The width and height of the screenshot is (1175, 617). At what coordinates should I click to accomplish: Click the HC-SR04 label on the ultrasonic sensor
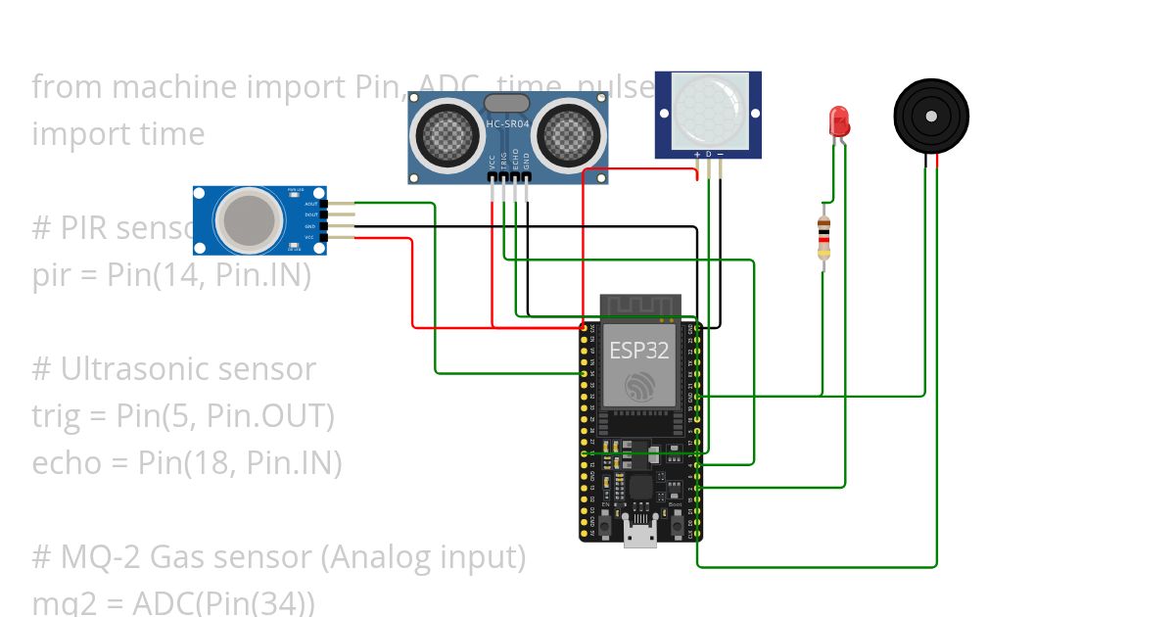(506, 123)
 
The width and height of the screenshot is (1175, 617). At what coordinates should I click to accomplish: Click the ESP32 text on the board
(639, 350)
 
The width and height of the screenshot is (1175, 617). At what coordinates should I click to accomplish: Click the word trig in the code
(60, 416)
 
